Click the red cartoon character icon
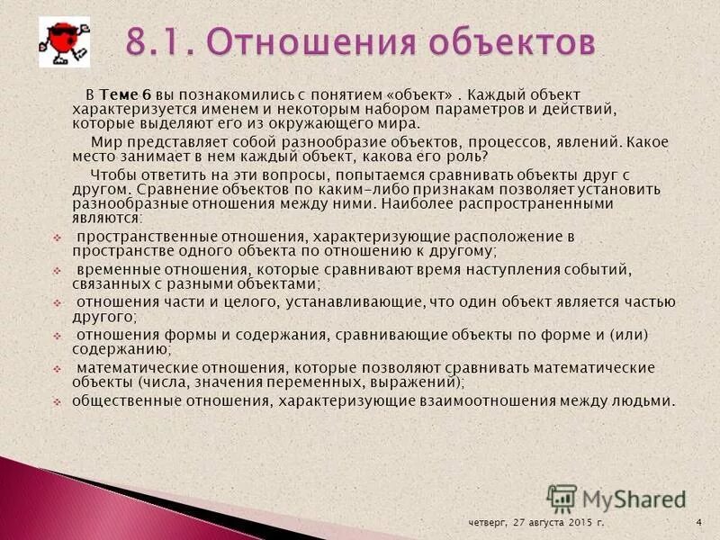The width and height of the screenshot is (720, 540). (64, 41)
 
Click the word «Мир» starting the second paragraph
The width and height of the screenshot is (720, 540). (104, 141)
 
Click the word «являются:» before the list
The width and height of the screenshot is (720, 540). (107, 217)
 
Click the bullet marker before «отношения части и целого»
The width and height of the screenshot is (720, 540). (57, 303)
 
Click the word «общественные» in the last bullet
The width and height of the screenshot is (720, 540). (121, 400)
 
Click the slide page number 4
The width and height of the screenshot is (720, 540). (698, 522)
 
